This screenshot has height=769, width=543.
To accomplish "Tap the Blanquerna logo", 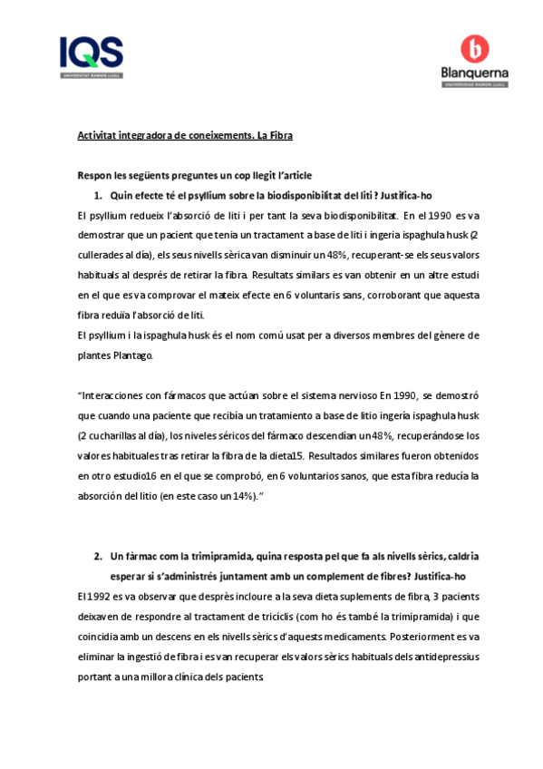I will click(x=473, y=63).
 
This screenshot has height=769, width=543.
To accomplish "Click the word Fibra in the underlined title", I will click(x=277, y=135).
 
